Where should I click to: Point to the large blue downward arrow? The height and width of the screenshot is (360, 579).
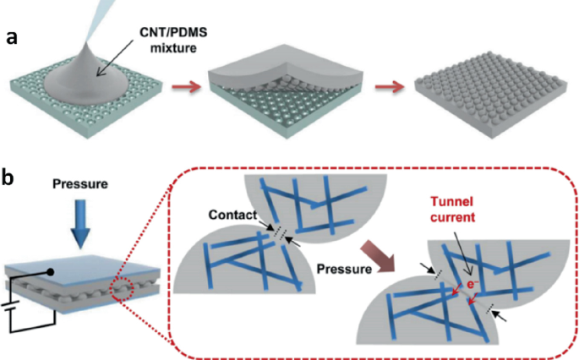(x=79, y=221)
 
